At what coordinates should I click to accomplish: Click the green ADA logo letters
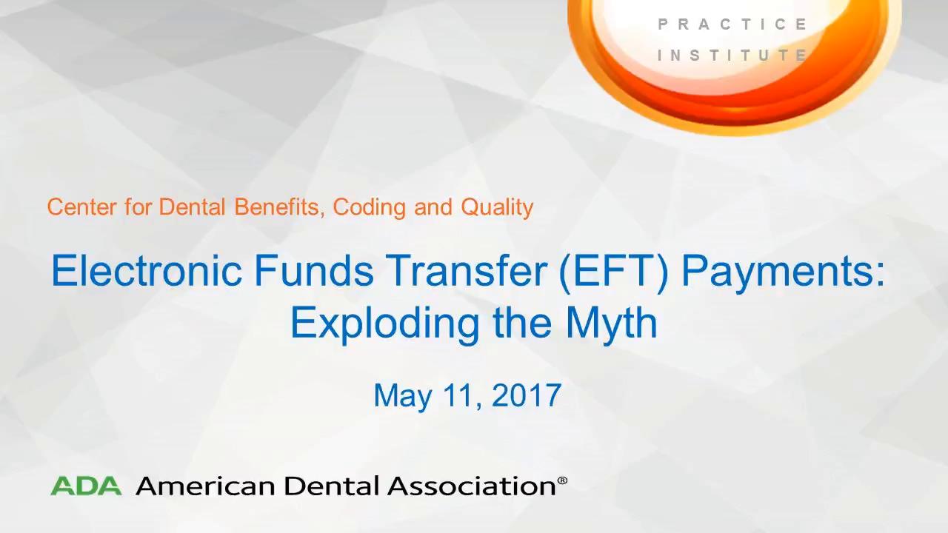tap(86, 486)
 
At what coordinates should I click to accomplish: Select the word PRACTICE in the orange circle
tap(732, 24)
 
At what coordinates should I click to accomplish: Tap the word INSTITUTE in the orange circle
tap(732, 56)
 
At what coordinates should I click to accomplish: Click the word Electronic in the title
tap(147, 270)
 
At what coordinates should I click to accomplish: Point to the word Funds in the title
tap(314, 270)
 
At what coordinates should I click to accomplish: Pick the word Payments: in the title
tap(784, 274)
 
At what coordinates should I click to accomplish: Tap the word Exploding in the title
tap(384, 325)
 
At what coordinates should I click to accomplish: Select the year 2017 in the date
tap(527, 395)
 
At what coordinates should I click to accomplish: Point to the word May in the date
tap(403, 398)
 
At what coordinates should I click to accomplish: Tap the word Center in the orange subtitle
tap(81, 207)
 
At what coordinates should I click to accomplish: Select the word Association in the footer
tap(472, 486)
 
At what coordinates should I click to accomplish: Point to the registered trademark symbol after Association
tap(562, 480)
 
